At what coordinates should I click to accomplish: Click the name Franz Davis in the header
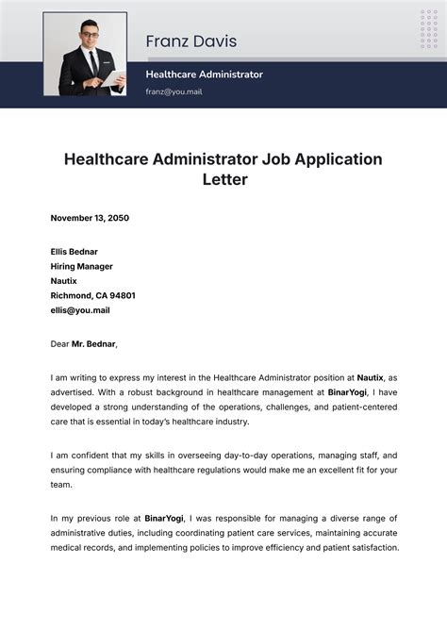click(190, 42)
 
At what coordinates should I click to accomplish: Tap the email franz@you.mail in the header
click(174, 91)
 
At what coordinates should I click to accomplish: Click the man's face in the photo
click(91, 39)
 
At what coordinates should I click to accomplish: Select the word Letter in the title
click(223, 179)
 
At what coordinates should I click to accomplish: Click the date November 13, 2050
click(90, 218)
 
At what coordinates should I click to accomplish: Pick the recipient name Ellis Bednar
click(74, 252)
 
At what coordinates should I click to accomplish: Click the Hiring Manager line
click(82, 266)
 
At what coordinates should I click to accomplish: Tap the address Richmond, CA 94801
click(92, 295)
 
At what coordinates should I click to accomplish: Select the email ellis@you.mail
click(80, 309)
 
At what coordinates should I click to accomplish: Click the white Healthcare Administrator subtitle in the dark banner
click(204, 74)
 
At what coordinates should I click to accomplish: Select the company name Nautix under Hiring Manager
click(64, 281)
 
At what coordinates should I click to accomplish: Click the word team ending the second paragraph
click(61, 484)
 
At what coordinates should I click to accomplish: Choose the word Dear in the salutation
click(59, 344)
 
